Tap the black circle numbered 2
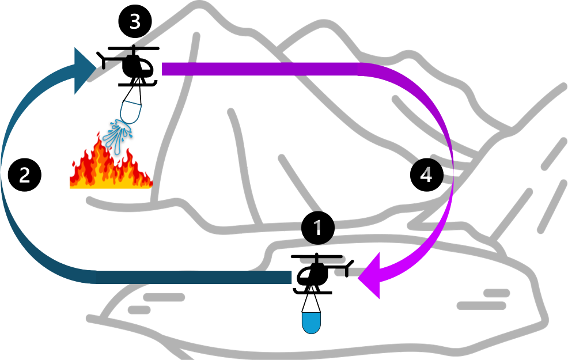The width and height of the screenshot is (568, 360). [25, 175]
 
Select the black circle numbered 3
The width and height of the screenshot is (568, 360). [135, 22]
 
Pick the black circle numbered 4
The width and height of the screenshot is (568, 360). [426, 175]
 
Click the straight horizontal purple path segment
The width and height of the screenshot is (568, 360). [259, 69]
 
